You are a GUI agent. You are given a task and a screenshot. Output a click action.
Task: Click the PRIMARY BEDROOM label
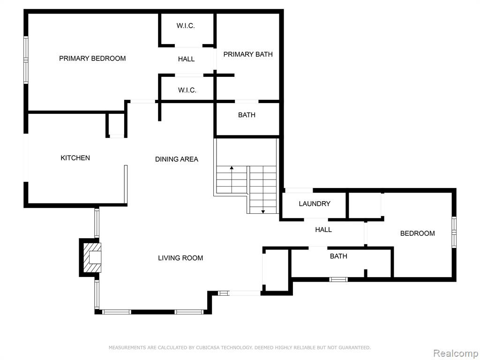click(x=92, y=59)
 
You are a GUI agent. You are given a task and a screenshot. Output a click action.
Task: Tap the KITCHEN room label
click(x=75, y=158)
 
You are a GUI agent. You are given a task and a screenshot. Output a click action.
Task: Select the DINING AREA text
click(x=177, y=159)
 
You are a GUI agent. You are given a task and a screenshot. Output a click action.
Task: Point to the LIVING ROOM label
click(x=180, y=258)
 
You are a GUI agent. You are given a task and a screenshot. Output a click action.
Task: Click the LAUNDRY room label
click(x=315, y=204)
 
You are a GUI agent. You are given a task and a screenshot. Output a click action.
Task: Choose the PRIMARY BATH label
click(x=248, y=54)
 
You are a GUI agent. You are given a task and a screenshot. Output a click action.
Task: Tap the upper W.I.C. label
click(x=186, y=26)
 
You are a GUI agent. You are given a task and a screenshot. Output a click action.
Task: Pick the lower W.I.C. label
click(x=187, y=90)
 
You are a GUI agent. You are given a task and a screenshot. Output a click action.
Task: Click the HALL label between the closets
click(x=187, y=59)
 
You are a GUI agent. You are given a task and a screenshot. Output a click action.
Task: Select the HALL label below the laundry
click(x=323, y=230)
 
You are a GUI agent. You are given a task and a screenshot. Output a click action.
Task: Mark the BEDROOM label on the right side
click(x=418, y=233)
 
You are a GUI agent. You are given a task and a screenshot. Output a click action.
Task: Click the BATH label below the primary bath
click(x=247, y=115)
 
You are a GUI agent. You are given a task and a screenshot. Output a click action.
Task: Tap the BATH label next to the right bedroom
click(x=338, y=256)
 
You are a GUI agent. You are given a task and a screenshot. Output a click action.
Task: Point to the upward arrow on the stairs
click(x=232, y=180)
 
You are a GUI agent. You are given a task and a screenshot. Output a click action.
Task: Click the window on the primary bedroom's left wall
click(x=26, y=60)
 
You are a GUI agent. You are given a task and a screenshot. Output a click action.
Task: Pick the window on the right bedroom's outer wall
click(x=454, y=232)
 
